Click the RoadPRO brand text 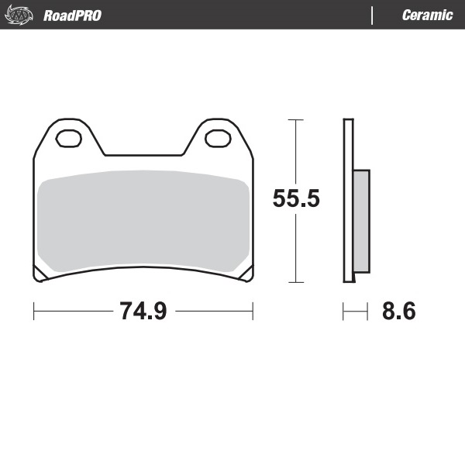[x=72, y=15]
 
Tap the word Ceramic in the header [x=427, y=15]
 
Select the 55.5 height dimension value [x=296, y=199]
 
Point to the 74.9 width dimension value [x=143, y=312]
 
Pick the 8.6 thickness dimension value [x=398, y=312]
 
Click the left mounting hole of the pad [x=69, y=139]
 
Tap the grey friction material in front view [x=143, y=221]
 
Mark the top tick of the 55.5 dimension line [x=294, y=120]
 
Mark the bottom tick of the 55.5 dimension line [x=294, y=282]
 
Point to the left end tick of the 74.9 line [x=34, y=312]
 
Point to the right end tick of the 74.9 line [x=253, y=312]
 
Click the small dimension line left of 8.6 [x=355, y=312]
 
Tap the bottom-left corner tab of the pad [x=38, y=274]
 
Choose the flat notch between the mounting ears [x=143, y=154]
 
